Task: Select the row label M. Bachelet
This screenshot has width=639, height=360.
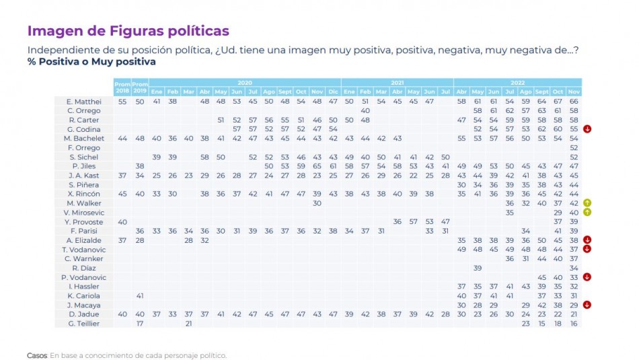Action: (85, 138)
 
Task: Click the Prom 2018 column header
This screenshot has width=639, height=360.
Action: (122, 86)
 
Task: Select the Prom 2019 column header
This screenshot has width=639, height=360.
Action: (139, 86)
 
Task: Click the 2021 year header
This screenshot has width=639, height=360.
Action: (397, 82)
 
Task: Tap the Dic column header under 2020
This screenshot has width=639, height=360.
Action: (333, 91)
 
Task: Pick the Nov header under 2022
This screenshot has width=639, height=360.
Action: (574, 91)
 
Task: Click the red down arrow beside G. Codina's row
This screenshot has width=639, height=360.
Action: (588, 129)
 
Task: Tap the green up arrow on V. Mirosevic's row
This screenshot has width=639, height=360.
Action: (588, 212)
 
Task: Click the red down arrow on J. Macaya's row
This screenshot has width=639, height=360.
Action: (588, 305)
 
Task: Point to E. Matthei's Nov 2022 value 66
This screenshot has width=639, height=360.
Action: (574, 101)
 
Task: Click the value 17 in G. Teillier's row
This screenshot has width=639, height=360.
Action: (139, 324)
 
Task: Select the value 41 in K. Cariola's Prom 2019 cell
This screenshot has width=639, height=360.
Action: (139, 295)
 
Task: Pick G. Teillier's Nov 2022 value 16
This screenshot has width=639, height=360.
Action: (574, 324)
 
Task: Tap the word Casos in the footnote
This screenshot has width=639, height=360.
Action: (37, 355)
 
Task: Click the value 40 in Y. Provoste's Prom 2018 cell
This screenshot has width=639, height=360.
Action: (122, 221)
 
